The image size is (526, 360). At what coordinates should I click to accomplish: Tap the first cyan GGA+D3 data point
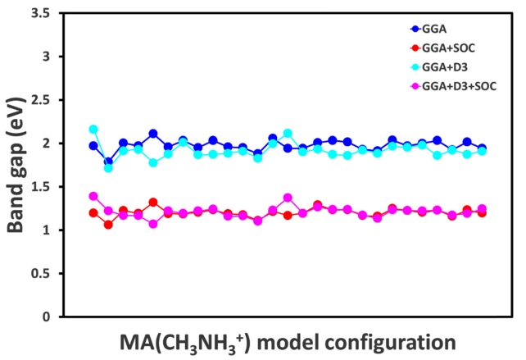93,130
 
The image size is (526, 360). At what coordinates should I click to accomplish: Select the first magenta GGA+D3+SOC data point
93,197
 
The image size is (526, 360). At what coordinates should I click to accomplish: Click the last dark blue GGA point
482,148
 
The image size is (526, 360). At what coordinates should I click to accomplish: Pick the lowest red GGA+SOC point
108,225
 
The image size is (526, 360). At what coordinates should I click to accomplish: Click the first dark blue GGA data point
93,146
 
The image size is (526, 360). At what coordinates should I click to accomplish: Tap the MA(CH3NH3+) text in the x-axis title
164,341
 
